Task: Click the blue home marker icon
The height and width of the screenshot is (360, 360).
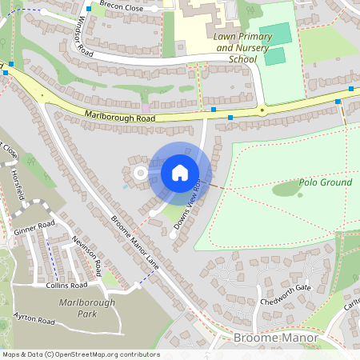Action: pyautogui.click(x=180, y=173)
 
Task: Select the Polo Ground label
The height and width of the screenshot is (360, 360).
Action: pyautogui.click(x=325, y=182)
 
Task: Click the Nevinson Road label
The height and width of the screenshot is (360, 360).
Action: pyautogui.click(x=86, y=252)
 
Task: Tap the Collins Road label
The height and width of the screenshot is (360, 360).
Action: pyautogui.click(x=66, y=285)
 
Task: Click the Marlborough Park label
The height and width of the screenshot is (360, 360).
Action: pyautogui.click(x=86, y=308)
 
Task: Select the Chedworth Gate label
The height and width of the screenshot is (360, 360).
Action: pyautogui.click(x=290, y=288)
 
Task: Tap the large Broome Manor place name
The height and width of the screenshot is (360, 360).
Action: pyautogui.click(x=275, y=338)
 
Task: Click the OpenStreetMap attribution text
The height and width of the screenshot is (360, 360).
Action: pyautogui.click(x=80, y=354)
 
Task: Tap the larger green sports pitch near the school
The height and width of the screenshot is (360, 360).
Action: pyautogui.click(x=275, y=34)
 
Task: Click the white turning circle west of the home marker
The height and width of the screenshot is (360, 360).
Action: pyautogui.click(x=140, y=172)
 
